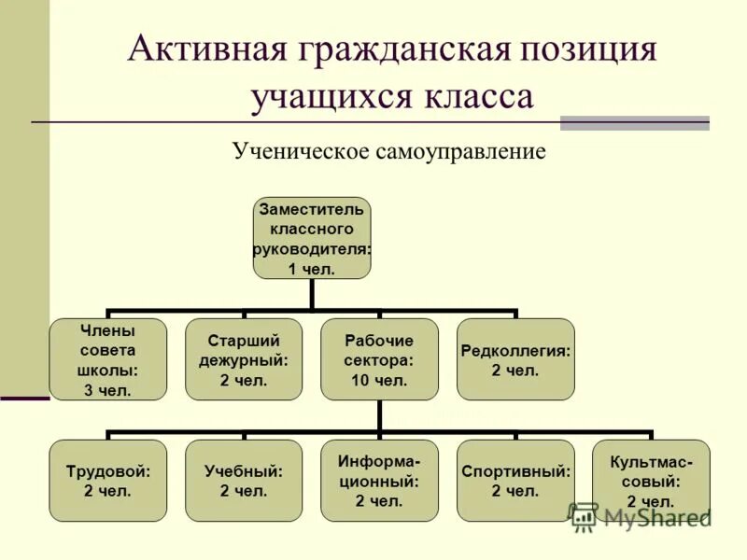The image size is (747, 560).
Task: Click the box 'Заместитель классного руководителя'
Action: point(312,237)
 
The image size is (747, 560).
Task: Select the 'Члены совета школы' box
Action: point(108,359)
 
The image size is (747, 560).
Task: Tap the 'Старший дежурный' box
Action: point(244,359)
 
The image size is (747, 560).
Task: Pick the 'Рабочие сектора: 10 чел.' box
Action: point(379,359)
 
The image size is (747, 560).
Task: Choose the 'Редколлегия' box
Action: point(515,359)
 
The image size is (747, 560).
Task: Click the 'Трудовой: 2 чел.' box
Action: point(108,480)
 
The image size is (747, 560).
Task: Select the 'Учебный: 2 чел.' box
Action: point(244,480)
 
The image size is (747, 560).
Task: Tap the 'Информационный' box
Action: point(379,480)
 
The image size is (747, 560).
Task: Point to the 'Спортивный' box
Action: point(515,480)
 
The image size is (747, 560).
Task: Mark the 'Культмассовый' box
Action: point(651,480)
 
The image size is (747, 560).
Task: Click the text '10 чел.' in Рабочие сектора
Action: point(379,380)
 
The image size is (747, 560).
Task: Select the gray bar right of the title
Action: point(634,122)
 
